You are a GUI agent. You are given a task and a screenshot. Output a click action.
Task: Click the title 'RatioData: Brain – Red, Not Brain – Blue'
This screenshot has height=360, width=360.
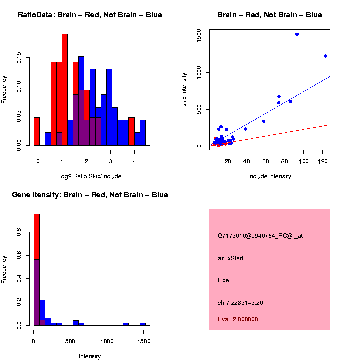coord(90,15)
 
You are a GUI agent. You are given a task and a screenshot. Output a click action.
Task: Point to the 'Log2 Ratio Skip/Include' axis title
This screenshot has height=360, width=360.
coord(90,176)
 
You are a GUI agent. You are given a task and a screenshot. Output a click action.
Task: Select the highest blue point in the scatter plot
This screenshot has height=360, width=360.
coord(297,34)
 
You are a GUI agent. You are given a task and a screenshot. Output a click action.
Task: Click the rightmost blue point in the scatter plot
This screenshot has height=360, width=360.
coord(325,56)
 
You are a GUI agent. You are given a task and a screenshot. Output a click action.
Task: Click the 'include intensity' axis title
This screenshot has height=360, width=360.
coord(269,176)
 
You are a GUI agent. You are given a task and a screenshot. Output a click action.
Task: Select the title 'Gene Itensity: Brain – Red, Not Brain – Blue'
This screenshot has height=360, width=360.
coord(90,195)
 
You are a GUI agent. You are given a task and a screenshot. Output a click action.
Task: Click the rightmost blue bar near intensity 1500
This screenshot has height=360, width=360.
coord(143,324)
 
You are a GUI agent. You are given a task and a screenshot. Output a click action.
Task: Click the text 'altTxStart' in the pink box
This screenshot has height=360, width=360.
coord(231,258)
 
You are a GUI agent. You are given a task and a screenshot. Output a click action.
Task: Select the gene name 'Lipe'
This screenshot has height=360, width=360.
coord(223,280)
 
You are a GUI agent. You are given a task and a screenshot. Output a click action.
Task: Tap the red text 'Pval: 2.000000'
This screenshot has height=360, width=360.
coord(238,319)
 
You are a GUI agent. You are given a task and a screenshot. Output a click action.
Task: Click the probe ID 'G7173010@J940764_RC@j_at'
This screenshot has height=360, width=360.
coord(260,236)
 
